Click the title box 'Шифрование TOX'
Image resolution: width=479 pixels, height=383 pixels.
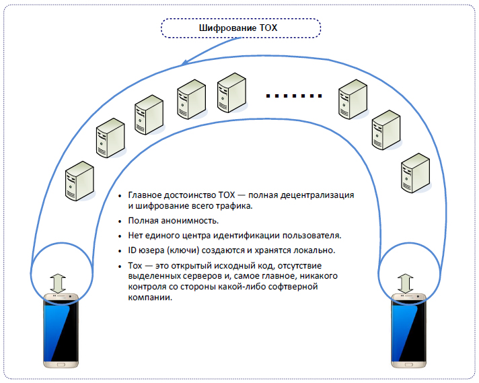tap(239, 28)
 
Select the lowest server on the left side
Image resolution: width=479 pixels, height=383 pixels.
tap(79, 181)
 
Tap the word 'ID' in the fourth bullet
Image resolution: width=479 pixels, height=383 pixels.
tap(133, 250)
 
